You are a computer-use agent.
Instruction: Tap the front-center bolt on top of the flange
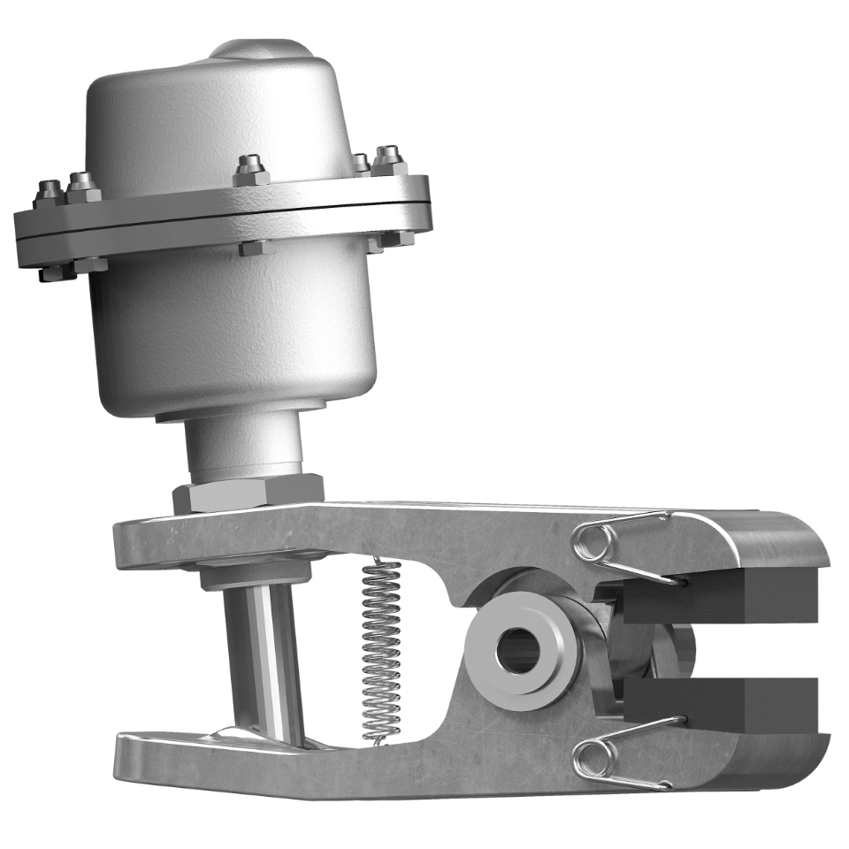[x=251, y=170]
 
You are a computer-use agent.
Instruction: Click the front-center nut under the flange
[x=251, y=248]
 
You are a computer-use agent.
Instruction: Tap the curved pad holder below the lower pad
[x=778, y=761]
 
